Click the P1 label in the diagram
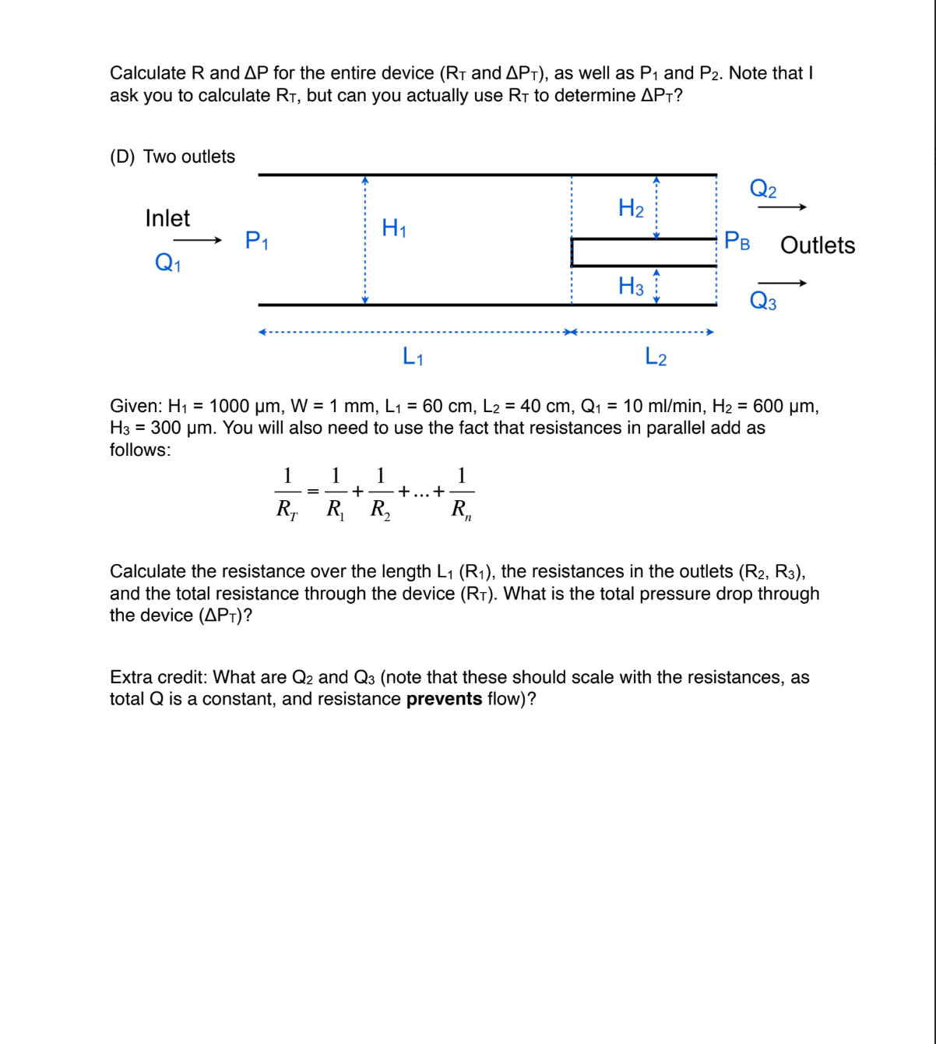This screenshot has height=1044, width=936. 256,240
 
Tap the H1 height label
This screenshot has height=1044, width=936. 393,227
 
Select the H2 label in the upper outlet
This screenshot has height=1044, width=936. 630,208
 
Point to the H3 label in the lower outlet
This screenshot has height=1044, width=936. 630,286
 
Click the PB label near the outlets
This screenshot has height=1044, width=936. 737,241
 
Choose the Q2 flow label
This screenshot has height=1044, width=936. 762,189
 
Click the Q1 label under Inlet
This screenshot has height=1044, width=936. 167,263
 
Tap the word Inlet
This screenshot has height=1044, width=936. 167,218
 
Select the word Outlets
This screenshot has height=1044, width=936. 817,245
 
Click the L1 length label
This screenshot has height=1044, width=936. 413,357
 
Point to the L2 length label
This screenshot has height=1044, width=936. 656,357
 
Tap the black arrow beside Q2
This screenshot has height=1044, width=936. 782,207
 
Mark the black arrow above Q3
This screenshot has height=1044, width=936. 782,283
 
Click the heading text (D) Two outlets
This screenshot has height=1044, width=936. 172,157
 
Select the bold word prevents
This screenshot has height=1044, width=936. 444,699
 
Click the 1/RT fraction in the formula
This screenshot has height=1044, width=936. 287,492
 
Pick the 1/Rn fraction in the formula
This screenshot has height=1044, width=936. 461,492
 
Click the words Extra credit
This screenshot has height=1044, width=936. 158,677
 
